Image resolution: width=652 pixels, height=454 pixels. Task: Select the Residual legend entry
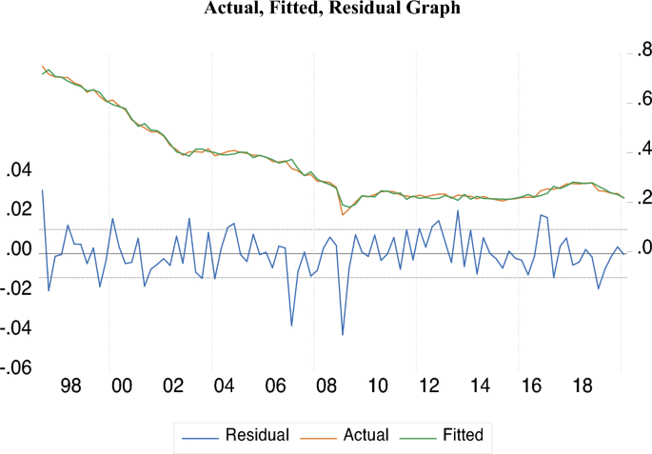coord(257,435)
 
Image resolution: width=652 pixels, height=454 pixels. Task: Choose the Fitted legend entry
coord(463,435)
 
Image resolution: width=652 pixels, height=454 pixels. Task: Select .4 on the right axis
coord(641,150)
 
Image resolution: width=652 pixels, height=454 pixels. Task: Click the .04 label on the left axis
coord(19,170)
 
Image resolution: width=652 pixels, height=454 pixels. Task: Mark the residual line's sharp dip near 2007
coord(291,326)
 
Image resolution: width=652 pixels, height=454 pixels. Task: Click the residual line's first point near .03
coord(43,190)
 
